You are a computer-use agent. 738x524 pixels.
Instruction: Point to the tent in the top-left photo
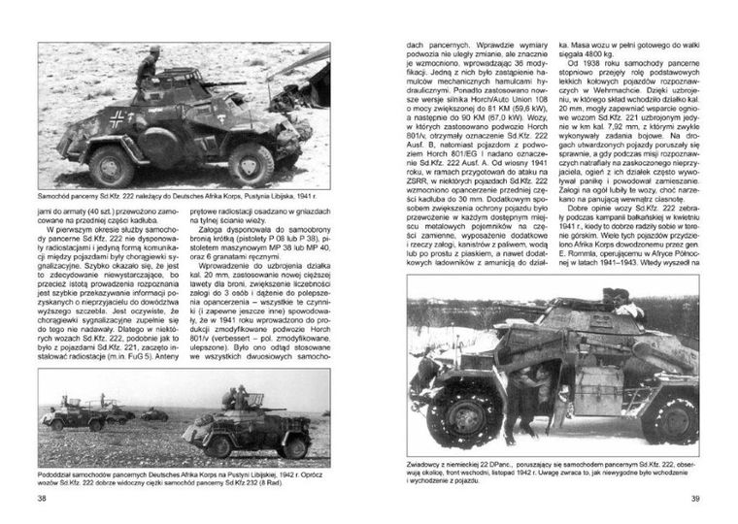311,78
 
